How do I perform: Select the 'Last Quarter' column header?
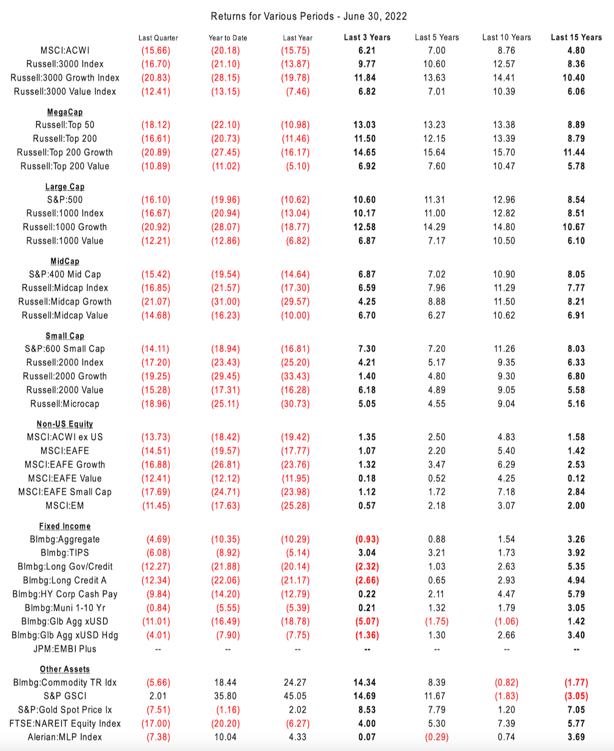coord(158,38)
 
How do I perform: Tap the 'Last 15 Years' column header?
coord(576,37)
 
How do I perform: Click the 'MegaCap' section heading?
coord(65,112)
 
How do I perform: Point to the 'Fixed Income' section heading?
coord(65,526)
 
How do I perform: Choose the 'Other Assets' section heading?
coord(65,669)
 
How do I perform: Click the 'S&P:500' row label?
coord(65,200)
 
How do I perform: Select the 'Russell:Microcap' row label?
coord(65,404)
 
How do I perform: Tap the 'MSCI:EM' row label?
coord(65,506)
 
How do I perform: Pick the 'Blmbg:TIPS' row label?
coord(65,553)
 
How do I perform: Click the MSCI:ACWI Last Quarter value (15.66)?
coord(156,51)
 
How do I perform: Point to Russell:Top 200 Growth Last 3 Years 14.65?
coord(365,153)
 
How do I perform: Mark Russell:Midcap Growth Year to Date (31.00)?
coord(226,302)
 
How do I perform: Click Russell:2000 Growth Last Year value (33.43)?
coord(295,376)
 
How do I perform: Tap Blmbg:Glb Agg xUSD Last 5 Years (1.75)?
coord(436,621)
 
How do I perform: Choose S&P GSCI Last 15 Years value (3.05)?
coord(576,696)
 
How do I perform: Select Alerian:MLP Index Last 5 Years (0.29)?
coord(436,737)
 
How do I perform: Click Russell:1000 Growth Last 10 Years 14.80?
coord(504,227)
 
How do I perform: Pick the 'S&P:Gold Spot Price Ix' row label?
coord(65,710)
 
